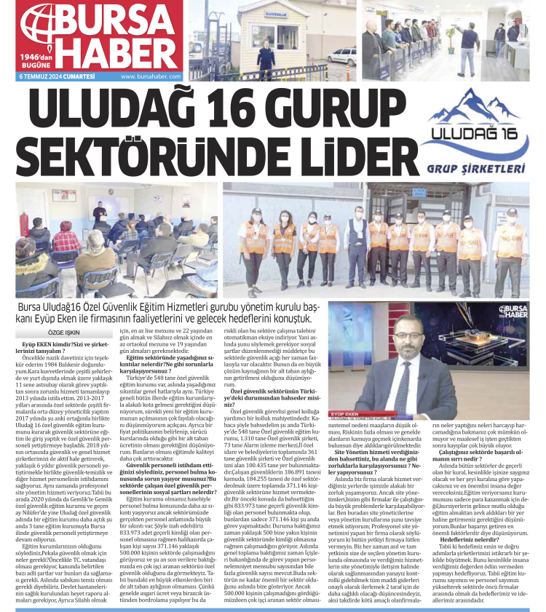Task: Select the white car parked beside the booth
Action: [x=341, y=55]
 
